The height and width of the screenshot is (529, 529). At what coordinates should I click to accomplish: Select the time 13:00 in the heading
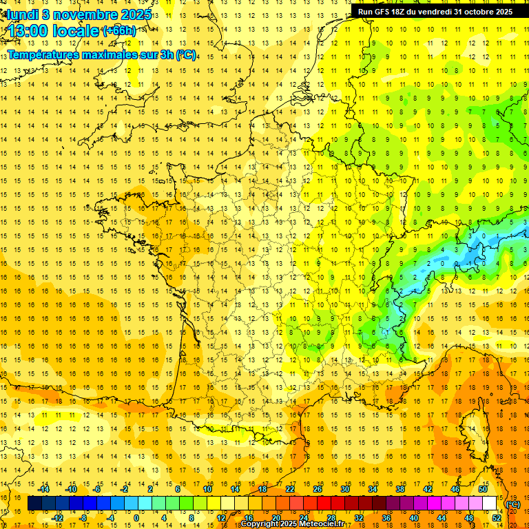32,32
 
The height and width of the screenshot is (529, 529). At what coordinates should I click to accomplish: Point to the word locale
77,32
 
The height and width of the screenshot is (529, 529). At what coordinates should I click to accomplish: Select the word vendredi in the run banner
433,12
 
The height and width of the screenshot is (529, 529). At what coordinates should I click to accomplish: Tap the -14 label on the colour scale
45,489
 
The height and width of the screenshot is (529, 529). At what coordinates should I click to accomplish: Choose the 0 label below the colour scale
136,518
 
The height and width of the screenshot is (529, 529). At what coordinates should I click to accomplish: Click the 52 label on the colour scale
497,518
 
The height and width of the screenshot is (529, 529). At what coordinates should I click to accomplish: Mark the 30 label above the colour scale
344,489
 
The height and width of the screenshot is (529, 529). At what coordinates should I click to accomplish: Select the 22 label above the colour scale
290,489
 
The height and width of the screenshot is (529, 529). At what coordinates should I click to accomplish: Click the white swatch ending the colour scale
490,504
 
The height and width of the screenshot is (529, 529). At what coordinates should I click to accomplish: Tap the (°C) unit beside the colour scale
513,504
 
